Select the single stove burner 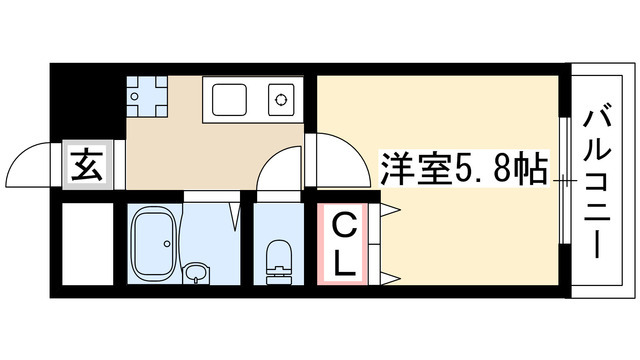(281, 100)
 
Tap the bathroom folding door (235, 212)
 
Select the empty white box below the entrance (84, 245)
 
